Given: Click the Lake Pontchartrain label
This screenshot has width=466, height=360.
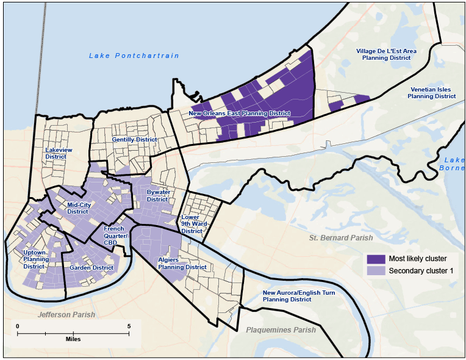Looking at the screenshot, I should coord(134,56).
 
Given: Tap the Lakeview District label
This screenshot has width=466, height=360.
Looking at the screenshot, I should coord(59,153).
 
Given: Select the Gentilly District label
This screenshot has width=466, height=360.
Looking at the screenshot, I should coord(134,140).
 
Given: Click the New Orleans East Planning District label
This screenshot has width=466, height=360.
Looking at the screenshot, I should coord(239,113).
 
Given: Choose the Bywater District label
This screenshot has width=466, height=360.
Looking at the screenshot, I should coord(157,195).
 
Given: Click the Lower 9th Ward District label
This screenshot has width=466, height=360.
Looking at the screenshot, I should coord(192,224).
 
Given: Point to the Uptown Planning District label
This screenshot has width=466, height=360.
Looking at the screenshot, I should coord(36,259).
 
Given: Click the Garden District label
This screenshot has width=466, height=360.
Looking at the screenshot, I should coord(91,268).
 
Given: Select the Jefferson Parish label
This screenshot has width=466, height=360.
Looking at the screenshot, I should coord(66,315).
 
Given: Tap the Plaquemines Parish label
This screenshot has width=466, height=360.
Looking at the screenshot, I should coord(281,330).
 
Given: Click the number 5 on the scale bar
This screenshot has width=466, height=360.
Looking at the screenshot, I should coord(129,326).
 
